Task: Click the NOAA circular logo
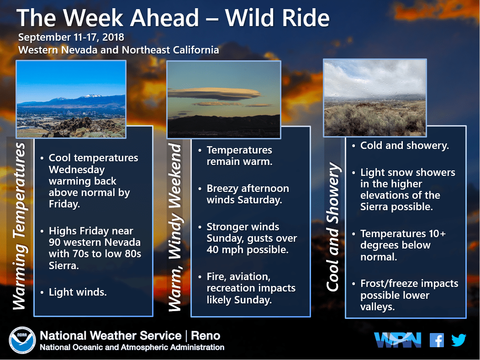(x=22, y=340)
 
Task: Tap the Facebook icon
(x=437, y=340)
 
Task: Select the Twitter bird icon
(x=459, y=340)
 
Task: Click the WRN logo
(x=397, y=340)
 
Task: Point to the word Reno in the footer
(x=206, y=335)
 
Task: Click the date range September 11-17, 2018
(x=71, y=37)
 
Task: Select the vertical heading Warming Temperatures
(x=20, y=226)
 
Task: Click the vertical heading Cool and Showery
(x=333, y=227)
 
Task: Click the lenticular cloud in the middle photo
(x=214, y=94)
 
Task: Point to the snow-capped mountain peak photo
(x=71, y=99)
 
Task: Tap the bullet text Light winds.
(x=78, y=292)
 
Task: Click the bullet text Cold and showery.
(x=404, y=145)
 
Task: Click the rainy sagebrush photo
(x=375, y=98)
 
